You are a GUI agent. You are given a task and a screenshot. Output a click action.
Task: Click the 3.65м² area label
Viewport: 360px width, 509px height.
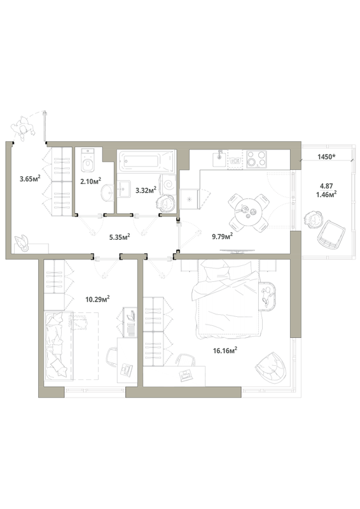tap(30, 178)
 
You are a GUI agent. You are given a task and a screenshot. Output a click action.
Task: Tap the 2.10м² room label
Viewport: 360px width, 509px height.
tap(90, 180)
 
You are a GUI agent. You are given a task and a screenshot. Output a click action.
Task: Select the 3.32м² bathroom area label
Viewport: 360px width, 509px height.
tap(146, 190)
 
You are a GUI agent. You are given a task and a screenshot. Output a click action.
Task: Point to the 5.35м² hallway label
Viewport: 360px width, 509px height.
tap(120, 237)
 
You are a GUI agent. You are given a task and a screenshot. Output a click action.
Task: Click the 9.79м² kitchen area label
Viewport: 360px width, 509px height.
tap(223, 236)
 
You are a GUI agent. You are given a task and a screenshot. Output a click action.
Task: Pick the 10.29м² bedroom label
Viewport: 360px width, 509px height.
tap(97, 299)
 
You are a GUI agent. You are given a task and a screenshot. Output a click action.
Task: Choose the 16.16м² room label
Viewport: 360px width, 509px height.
tap(225, 351)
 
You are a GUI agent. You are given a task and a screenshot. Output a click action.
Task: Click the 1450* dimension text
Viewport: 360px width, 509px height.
tap(326, 157)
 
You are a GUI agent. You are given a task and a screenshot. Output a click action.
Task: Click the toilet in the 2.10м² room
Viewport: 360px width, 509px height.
tap(88, 160)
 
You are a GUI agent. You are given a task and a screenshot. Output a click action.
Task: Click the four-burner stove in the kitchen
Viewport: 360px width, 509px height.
tap(256, 159)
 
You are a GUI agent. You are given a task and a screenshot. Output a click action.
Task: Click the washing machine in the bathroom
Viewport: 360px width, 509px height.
tap(169, 185)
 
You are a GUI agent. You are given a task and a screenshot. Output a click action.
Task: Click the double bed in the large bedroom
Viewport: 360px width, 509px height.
tap(227, 298)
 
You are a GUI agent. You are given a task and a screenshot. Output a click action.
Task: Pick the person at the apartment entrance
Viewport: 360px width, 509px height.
tap(23, 129)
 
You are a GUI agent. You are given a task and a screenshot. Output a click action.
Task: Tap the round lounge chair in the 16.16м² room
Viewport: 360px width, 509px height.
tap(272, 368)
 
